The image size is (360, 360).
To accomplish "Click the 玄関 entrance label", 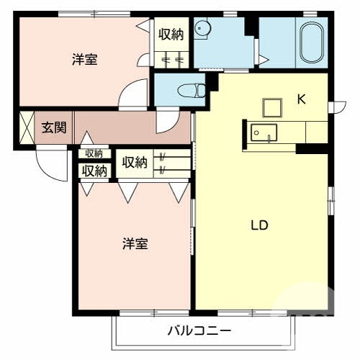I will [53, 128].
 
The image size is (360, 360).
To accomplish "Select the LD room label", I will [259, 225].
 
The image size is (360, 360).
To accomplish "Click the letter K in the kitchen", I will [302, 100].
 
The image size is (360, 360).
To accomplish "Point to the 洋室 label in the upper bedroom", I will [85, 60].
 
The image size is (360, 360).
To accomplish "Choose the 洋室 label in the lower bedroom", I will [134, 243].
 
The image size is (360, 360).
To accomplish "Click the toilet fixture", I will [191, 91].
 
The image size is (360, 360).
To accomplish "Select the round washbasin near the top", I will [203, 30].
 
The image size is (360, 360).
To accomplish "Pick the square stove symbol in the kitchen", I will [272, 107].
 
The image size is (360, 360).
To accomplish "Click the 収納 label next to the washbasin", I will [171, 33].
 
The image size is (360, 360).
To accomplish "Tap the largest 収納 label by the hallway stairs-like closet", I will [135, 163].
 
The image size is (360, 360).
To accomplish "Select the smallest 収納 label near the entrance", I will [94, 153].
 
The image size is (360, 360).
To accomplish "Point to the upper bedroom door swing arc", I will [133, 94].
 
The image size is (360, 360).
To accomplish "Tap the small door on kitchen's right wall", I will [332, 108].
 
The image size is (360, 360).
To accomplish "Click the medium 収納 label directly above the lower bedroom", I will [94, 171].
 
